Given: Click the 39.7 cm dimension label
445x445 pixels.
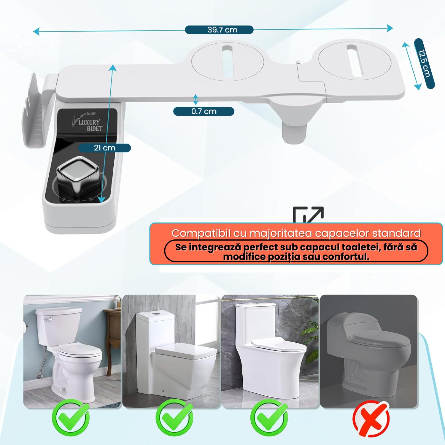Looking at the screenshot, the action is click(222, 30).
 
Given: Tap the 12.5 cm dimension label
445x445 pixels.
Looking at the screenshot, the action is click(424, 63).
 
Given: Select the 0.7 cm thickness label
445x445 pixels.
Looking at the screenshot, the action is click(204, 111).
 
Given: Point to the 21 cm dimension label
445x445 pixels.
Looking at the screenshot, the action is click(104, 148).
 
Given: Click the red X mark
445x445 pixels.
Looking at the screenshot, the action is click(371, 419).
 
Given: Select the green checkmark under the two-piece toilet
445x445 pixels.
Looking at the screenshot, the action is click(71, 418).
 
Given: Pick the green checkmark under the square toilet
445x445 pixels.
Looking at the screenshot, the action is click(174, 418).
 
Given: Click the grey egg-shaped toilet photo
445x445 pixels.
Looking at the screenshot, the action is click(369, 351).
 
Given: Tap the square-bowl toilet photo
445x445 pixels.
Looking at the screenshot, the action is click(171, 351).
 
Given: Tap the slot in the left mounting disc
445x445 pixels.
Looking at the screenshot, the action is click(228, 61).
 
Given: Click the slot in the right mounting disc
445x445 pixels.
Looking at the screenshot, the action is click(355, 60).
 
